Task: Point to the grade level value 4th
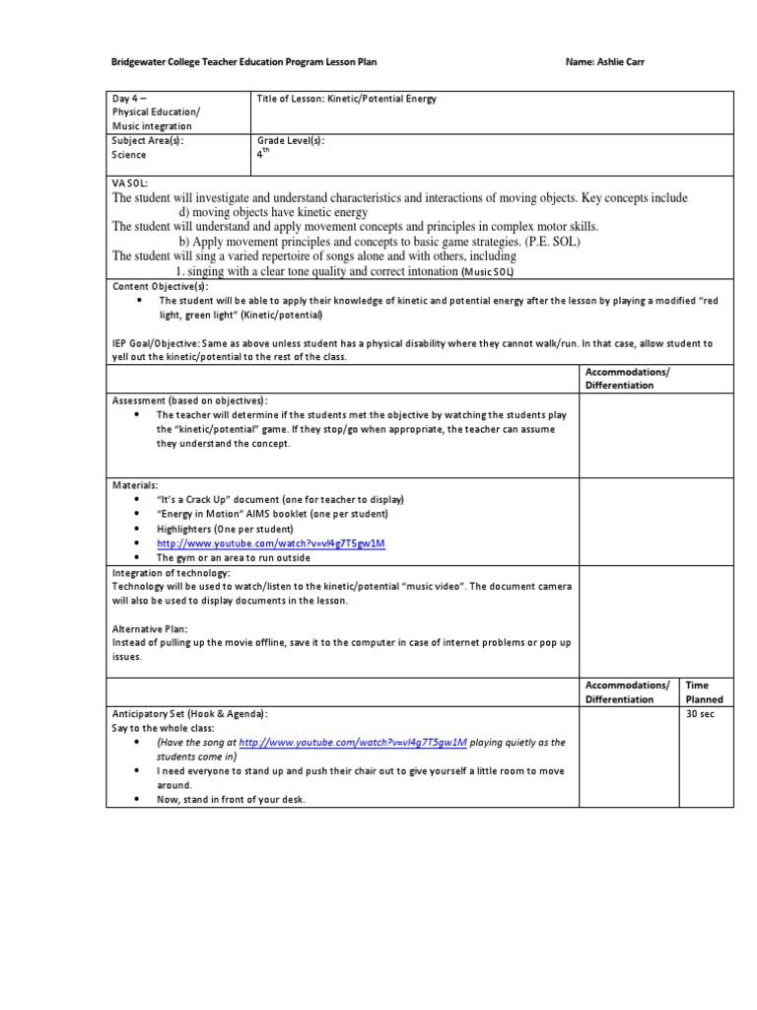(x=261, y=154)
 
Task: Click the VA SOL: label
(x=129, y=182)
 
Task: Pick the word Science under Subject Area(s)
(x=129, y=155)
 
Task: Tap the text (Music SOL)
(x=489, y=271)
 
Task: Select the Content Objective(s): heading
(x=161, y=286)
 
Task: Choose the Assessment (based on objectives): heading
(x=190, y=400)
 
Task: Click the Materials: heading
(x=135, y=485)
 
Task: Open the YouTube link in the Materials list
(x=270, y=543)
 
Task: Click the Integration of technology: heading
(x=172, y=572)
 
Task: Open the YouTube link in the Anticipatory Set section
(x=353, y=743)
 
